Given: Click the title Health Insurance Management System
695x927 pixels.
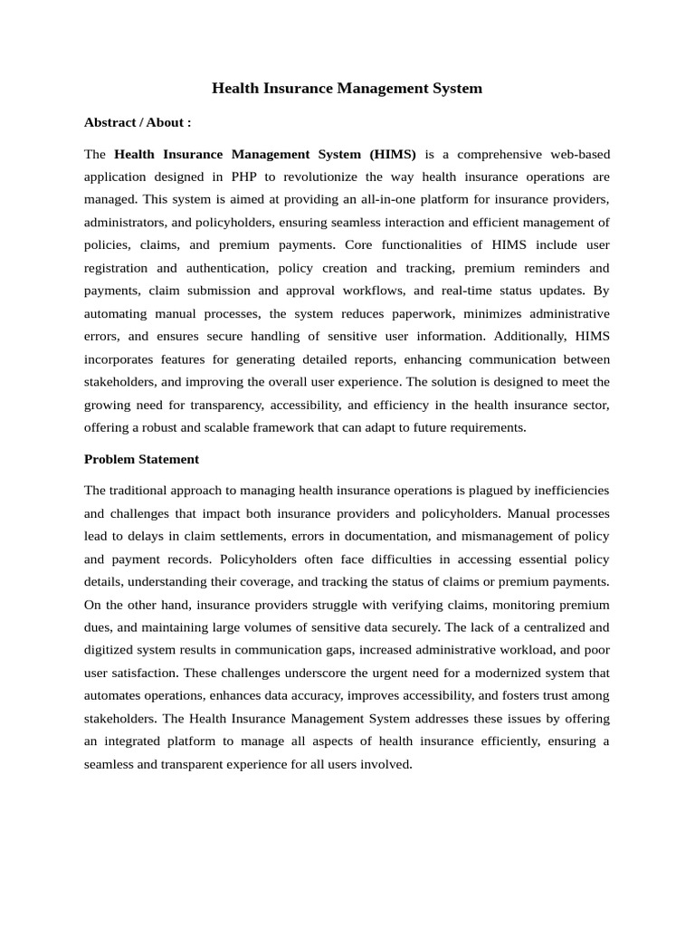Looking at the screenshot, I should tap(347, 88).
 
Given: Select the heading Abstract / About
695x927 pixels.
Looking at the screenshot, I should tap(138, 121).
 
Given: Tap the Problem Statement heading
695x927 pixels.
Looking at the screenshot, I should tap(141, 459).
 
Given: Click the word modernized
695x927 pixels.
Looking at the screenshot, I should tap(503, 673).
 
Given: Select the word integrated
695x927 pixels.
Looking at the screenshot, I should tap(139, 741).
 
